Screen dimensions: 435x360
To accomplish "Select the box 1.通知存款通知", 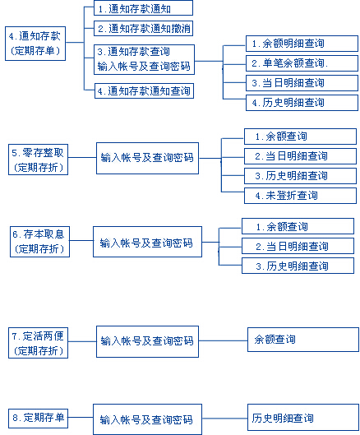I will (143, 9).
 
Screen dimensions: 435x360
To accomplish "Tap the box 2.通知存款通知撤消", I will (143, 29).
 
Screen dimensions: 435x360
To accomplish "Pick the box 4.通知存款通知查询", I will (143, 90).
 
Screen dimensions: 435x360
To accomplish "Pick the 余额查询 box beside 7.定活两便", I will (302, 340).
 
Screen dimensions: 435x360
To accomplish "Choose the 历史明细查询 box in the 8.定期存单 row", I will (302, 419).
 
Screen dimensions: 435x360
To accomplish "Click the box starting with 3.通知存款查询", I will (143, 59).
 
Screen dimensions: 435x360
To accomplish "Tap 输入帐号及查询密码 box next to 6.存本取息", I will (146, 243).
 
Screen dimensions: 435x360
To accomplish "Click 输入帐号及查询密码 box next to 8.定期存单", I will (146, 419).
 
